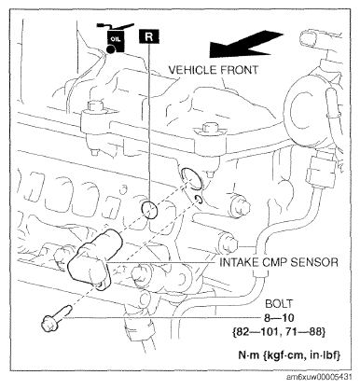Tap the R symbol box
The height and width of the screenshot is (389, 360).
click(x=149, y=36)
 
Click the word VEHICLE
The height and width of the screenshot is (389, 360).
click(x=193, y=70)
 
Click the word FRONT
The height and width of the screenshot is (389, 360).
click(x=240, y=70)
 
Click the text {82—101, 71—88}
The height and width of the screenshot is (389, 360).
click(x=279, y=332)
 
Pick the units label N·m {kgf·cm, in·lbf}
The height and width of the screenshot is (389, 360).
click(x=289, y=354)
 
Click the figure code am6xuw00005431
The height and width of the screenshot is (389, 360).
click(x=319, y=377)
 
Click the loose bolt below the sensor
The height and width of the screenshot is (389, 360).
click(x=56, y=319)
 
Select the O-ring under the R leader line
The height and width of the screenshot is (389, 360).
click(x=149, y=210)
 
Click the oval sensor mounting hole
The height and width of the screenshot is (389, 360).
click(x=191, y=178)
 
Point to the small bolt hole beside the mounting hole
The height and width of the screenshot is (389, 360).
click(x=199, y=200)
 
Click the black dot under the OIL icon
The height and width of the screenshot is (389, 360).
click(x=110, y=49)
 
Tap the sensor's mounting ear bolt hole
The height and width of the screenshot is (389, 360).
click(x=100, y=284)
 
